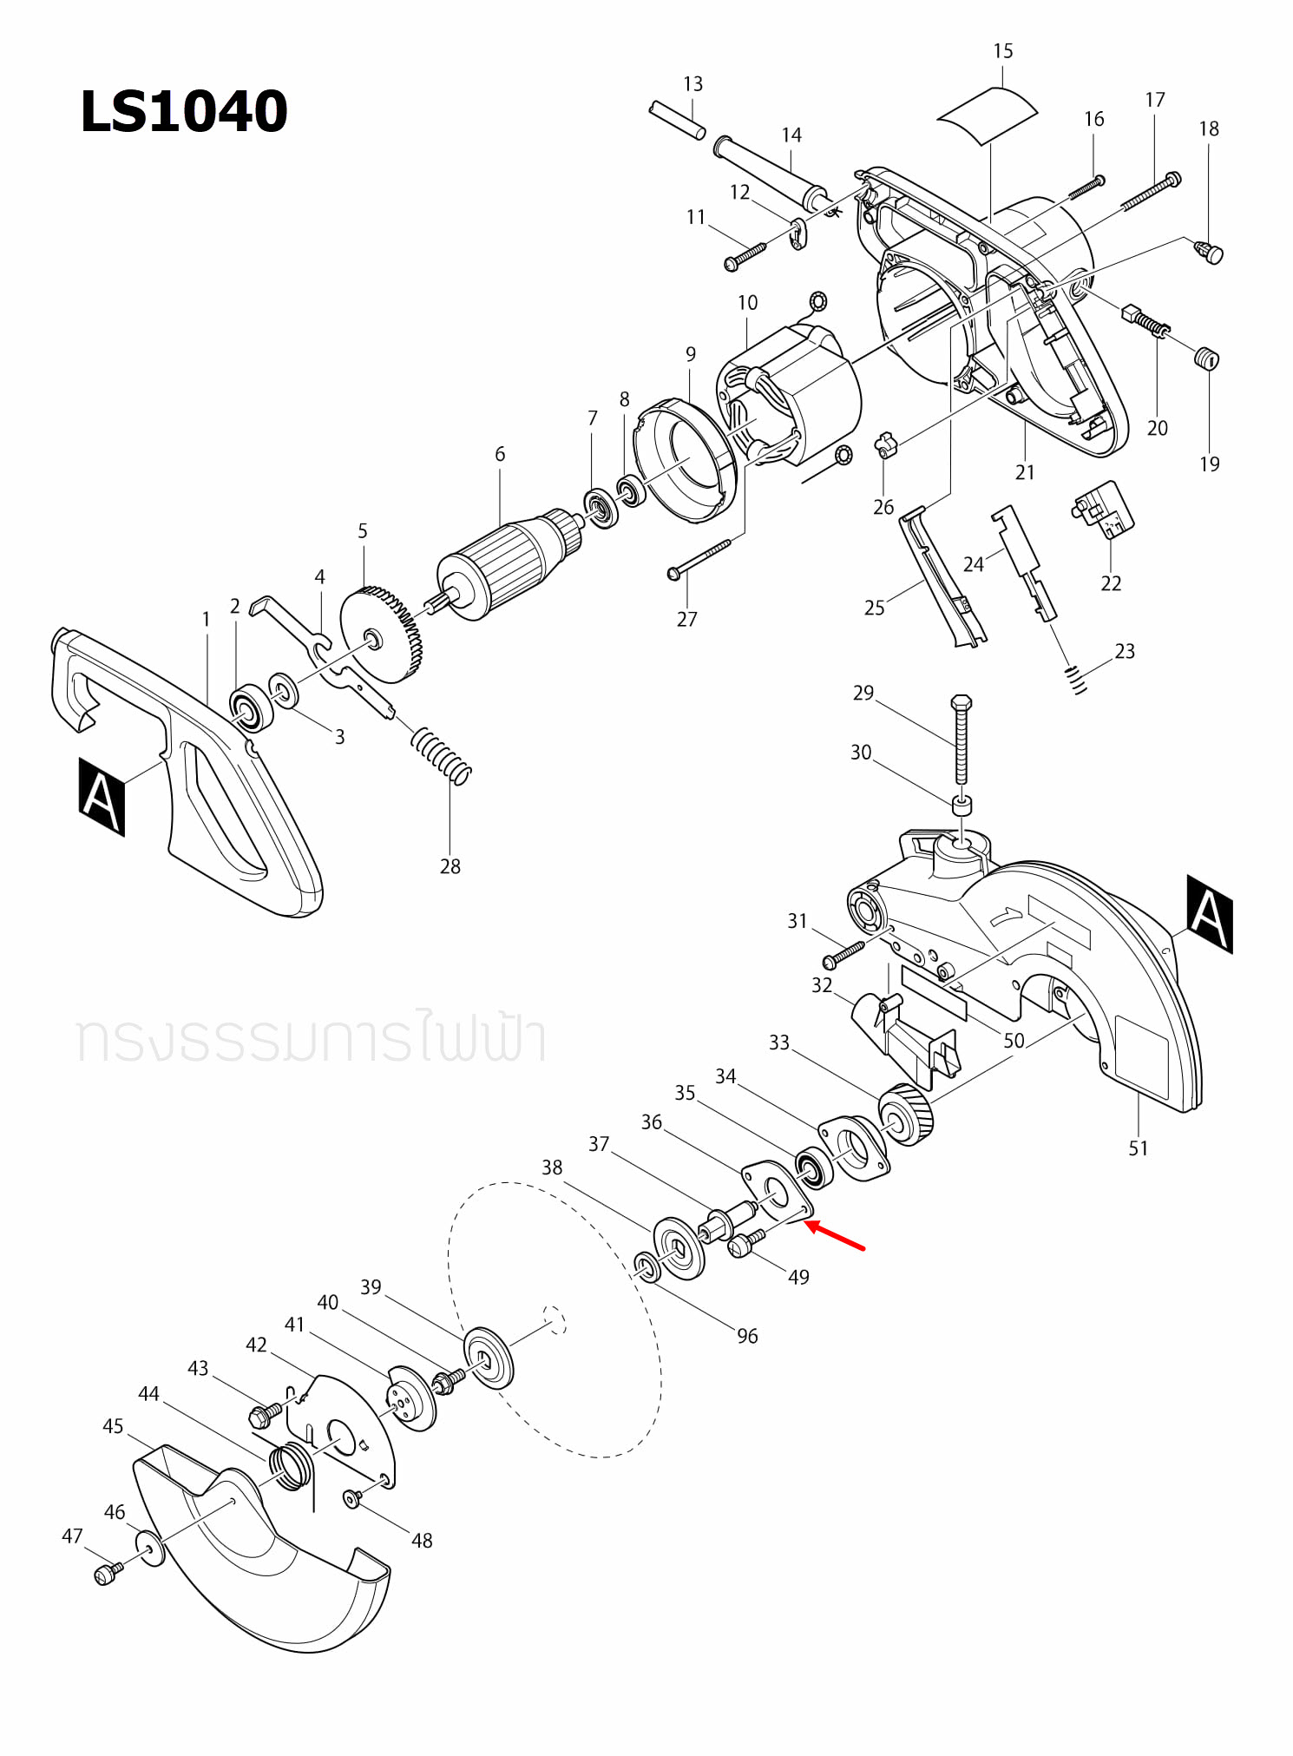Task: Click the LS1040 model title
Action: (183, 112)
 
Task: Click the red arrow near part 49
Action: (835, 1236)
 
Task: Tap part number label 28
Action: (450, 866)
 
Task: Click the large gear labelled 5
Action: (381, 633)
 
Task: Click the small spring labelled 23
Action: (1076, 679)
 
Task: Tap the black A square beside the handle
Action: (102, 797)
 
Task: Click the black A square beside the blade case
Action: (1209, 913)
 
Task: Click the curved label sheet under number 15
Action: (988, 114)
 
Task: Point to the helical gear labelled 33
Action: (906, 1115)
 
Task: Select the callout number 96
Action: (747, 1336)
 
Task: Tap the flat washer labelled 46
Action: (149, 1549)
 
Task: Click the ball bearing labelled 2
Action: (252, 707)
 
